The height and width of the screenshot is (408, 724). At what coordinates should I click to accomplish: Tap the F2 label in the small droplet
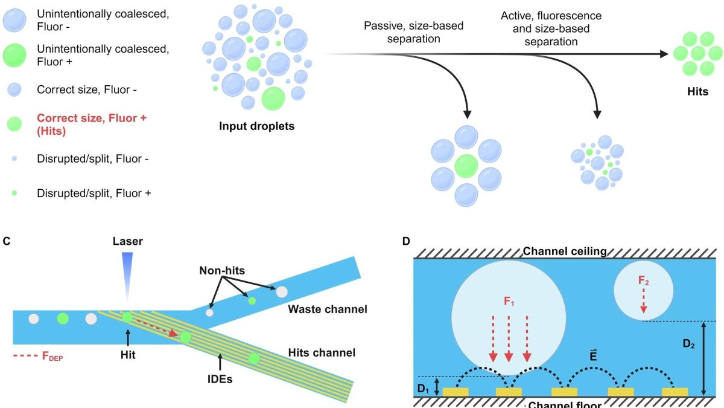[643, 280]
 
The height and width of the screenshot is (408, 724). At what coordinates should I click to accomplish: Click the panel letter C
[7, 241]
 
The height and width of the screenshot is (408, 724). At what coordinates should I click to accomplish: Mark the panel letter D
[407, 241]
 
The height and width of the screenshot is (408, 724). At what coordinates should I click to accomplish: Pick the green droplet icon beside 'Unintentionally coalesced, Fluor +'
[15, 54]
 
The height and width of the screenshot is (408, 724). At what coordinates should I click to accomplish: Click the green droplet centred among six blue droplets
[466, 166]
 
